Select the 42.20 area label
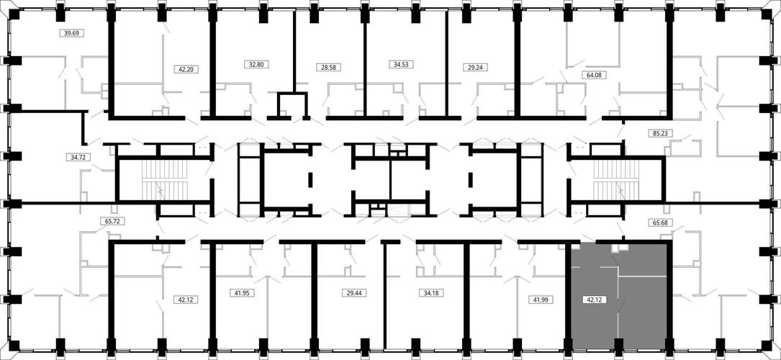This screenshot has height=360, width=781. tap(185, 70)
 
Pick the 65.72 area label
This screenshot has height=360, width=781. tap(110, 220)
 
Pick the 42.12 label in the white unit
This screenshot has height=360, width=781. tap(185, 300)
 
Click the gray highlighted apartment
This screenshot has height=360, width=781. tap(620, 297)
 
